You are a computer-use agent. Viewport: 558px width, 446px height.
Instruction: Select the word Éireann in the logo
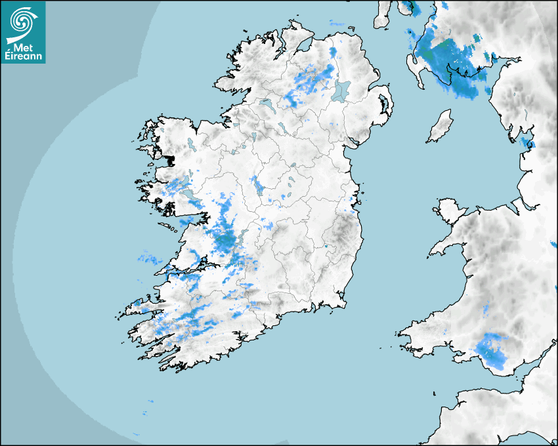tap(24, 57)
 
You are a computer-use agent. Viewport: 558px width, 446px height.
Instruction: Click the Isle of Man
tap(440, 127)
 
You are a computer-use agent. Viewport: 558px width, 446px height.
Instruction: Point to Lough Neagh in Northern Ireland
tap(341, 90)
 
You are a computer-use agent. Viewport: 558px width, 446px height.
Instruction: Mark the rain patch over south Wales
tap(492, 348)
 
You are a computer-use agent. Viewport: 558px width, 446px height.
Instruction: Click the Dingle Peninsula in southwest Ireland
tap(141, 304)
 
